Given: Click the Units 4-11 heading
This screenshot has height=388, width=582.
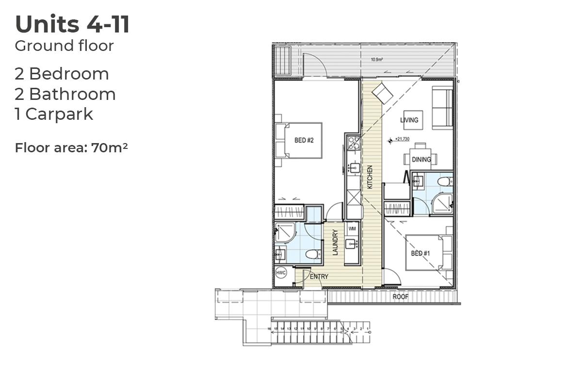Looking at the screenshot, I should click(72, 25).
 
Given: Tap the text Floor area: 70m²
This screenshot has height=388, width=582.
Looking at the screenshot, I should click(71, 147).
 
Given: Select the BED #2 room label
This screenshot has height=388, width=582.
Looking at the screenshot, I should click(304, 141).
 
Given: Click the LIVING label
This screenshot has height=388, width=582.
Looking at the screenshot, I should click(409, 120).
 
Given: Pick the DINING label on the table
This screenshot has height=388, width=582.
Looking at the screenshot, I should click(420, 160).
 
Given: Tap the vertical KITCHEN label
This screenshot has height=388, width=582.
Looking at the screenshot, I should click(370, 177).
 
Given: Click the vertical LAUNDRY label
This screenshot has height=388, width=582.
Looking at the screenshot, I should click(335, 242).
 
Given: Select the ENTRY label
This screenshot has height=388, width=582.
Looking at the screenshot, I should click(319, 277).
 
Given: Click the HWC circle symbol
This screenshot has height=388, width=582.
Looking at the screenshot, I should click(281, 273).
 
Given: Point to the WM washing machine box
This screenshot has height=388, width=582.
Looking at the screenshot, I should click(352, 228).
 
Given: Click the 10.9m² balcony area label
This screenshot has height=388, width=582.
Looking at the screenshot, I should click(377, 60).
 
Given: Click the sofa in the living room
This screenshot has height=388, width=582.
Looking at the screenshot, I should click(442, 108).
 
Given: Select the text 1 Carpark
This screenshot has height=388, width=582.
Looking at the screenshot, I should click(54, 114).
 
